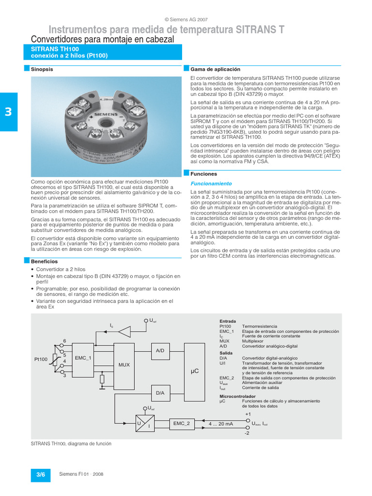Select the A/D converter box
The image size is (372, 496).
(x=160, y=350)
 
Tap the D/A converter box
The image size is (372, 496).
(x=160, y=393)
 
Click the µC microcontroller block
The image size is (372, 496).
(x=195, y=371)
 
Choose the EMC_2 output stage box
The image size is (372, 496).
(x=181, y=423)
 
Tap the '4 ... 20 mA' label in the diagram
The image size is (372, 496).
(x=221, y=424)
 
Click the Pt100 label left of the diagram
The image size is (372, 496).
(x=41, y=359)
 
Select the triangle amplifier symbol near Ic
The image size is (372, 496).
(x=124, y=332)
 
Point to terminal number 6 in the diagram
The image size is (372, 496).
(x=64, y=341)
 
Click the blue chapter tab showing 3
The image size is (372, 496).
(x=8, y=112)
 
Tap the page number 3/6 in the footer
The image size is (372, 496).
(x=40, y=475)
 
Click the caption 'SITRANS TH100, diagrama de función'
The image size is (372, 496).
(x=71, y=444)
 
